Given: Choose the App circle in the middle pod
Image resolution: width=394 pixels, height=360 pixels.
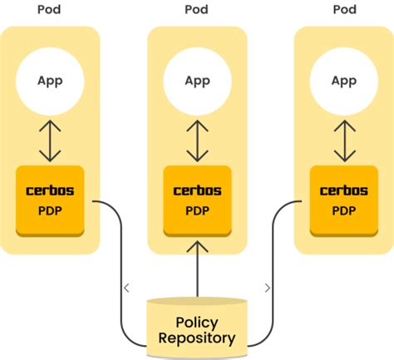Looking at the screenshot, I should (197, 81).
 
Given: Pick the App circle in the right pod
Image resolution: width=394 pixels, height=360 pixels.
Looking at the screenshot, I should (343, 81).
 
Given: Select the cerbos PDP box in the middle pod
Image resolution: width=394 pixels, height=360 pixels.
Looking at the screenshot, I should (197, 200).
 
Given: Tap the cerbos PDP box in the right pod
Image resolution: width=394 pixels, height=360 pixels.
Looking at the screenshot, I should (343, 200).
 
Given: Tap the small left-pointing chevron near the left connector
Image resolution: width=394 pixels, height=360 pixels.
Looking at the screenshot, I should (126, 288).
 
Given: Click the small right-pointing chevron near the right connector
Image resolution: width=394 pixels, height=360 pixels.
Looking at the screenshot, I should (267, 288).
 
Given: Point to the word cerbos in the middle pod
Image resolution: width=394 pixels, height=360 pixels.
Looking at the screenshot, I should (197, 190).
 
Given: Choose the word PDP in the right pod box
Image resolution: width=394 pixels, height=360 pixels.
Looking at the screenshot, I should (343, 210).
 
